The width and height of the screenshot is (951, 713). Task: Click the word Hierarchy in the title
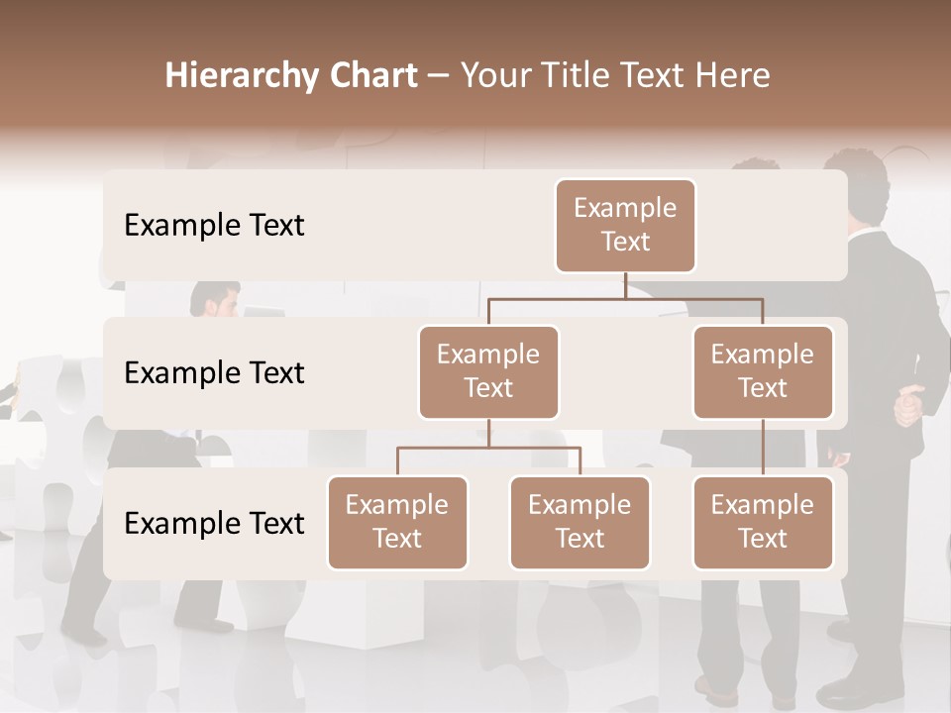coord(225,76)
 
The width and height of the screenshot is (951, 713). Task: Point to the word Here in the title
coord(734,76)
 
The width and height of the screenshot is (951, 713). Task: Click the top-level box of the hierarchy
coord(625,226)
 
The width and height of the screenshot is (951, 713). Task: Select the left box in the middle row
coord(488,371)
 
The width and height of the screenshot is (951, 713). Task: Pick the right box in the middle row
coord(763,371)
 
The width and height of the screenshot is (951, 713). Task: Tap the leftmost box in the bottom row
coord(397,522)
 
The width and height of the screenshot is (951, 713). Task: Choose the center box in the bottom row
coord(580,522)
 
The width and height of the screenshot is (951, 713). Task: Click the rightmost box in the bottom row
coord(763,522)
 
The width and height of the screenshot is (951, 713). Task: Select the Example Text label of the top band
coord(214,226)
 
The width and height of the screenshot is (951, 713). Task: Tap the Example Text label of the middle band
coord(214,373)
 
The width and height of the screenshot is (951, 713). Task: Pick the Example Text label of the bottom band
coord(214,523)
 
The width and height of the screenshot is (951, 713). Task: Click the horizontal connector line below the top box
coord(625,297)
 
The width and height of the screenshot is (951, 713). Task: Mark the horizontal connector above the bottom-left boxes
coord(488,448)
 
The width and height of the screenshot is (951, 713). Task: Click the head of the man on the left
coord(215,299)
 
